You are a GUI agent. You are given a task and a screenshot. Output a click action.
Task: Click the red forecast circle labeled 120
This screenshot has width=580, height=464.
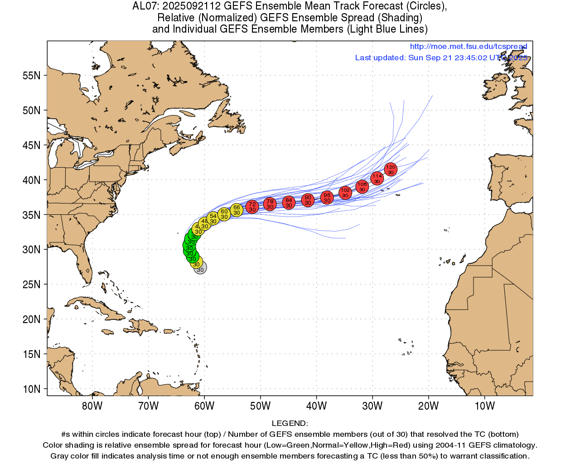click(391, 169)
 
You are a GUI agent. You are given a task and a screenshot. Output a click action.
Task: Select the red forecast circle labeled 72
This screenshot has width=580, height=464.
click(252, 207)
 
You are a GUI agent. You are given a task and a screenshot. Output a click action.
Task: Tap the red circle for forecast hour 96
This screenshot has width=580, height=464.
click(327, 198)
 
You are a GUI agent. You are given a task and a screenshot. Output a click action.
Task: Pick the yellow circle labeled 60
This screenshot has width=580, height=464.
click(224, 214)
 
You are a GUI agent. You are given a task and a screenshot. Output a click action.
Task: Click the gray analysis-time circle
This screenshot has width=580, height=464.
click(200, 268)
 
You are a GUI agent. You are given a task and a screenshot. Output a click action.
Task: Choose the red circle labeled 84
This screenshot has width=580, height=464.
click(289, 203)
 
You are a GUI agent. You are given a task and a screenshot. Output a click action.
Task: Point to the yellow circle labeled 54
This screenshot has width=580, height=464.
click(213, 218)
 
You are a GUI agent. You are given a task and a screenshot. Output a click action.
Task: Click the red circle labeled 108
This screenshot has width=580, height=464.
click(362, 186)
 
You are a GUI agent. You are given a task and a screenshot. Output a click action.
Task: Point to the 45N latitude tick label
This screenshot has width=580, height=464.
click(32, 145)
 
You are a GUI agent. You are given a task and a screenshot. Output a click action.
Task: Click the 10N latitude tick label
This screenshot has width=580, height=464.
click(32, 389)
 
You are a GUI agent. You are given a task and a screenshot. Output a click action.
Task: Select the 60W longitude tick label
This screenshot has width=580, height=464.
click(204, 406)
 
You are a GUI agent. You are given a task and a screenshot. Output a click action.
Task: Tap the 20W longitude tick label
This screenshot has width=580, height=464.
click(428, 406)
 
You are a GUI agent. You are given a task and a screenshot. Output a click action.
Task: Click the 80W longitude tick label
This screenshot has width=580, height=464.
click(92, 406)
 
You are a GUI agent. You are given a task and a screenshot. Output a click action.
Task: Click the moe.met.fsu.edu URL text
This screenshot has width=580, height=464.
click(468, 47)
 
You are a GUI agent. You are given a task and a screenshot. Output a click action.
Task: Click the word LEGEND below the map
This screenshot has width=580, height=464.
click(289, 424)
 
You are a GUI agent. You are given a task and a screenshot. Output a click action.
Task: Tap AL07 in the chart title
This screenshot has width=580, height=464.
click(144, 6)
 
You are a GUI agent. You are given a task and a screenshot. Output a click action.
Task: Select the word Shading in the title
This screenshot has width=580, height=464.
click(399, 18)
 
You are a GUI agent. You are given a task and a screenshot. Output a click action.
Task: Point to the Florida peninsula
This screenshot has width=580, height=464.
click(84, 266)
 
